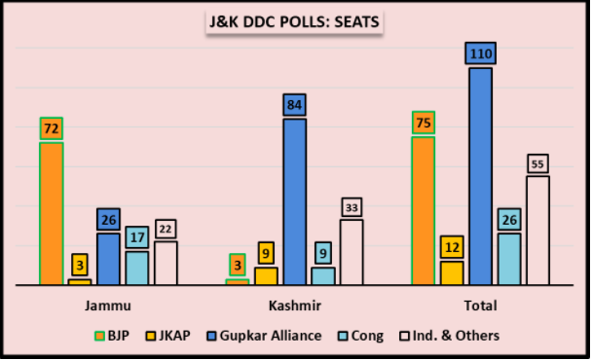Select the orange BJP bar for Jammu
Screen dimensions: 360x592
click(x=52, y=213)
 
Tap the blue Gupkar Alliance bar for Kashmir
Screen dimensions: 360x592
click(x=295, y=201)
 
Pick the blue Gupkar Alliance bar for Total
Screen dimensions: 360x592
click(x=480, y=176)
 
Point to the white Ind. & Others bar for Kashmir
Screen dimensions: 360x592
click(x=351, y=252)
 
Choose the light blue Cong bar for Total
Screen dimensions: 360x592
click(x=509, y=259)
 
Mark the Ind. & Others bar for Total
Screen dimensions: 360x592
click(x=537, y=231)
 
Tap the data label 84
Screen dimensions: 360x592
click(x=295, y=104)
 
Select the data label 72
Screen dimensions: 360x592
click(x=52, y=128)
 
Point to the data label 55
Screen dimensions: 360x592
click(x=537, y=164)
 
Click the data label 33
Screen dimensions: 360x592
click(x=351, y=207)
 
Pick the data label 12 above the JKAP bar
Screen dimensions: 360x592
click(x=452, y=247)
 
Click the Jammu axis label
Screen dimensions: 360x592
click(x=108, y=306)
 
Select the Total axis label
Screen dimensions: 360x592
click(x=480, y=306)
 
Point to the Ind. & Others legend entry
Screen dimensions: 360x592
click(x=449, y=336)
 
